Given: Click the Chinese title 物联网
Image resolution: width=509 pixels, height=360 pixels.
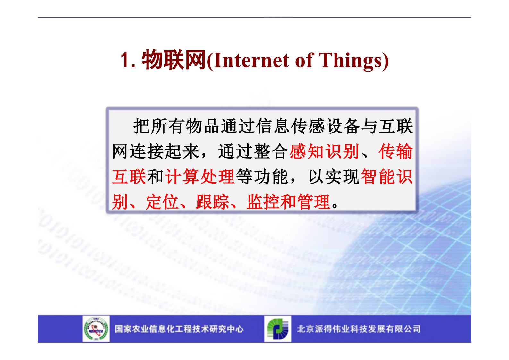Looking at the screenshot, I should (174, 60).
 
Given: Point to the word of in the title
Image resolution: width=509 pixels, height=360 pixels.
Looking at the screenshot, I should (304, 60).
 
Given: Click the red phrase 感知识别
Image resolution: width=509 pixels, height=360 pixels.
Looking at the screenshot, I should (324, 151).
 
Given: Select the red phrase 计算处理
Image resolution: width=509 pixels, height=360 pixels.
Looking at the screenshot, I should (200, 177).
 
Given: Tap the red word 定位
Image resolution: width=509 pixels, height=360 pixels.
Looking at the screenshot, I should (162, 202).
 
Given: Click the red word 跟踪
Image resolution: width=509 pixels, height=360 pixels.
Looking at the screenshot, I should (213, 202).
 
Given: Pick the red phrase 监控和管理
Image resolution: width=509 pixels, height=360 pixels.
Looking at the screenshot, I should (288, 202).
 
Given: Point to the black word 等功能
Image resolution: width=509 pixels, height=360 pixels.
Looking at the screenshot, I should (262, 177).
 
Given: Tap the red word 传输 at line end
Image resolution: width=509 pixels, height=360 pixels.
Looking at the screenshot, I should (395, 151).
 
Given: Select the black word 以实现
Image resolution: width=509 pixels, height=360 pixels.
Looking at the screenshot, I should (333, 177).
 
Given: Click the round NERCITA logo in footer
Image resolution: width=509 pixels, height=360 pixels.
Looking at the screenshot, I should (96, 329).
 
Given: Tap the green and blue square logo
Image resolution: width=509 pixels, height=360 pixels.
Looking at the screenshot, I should (278, 329).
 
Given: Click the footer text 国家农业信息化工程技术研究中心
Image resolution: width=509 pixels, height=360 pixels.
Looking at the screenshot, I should (179, 329).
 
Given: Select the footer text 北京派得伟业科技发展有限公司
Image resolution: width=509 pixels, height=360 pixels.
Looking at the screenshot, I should (358, 329).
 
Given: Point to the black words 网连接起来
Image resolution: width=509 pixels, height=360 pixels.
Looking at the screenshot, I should (156, 151).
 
